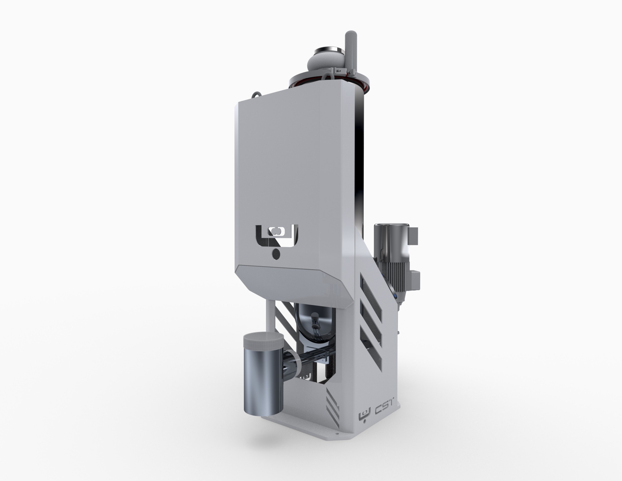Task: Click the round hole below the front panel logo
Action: [x=276, y=254]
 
